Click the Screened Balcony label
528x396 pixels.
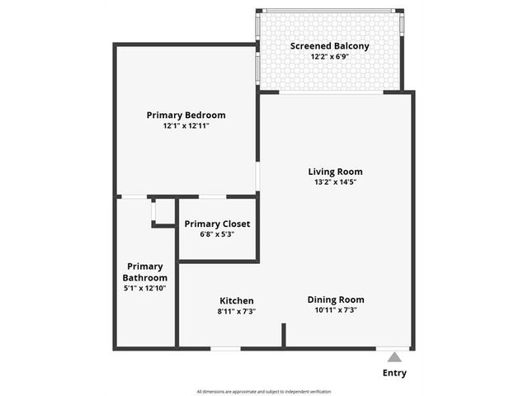[x=330, y=46]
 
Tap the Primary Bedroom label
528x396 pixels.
[x=186, y=115]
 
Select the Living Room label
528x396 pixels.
[x=336, y=172]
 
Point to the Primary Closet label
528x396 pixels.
[x=217, y=224]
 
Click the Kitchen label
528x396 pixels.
[x=237, y=300]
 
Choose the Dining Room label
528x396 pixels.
[x=336, y=299]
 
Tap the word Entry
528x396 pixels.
[x=394, y=373]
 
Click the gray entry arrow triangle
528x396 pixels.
[x=394, y=358]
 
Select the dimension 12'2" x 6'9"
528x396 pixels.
[x=330, y=57]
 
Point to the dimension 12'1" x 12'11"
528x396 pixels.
[x=186, y=126]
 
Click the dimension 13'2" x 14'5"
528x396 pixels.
[x=336, y=182]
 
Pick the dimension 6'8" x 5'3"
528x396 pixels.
[x=217, y=234]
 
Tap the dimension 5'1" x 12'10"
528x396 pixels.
[x=145, y=288]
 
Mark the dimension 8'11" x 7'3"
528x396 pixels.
[x=237, y=312]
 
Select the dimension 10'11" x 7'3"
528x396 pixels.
[x=336, y=310]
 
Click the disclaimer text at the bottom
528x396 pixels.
[x=264, y=392]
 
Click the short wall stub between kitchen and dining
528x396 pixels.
[x=284, y=335]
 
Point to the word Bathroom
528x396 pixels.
[x=145, y=278]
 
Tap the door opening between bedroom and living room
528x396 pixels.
[x=257, y=177]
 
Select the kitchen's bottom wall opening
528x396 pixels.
[x=225, y=348]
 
